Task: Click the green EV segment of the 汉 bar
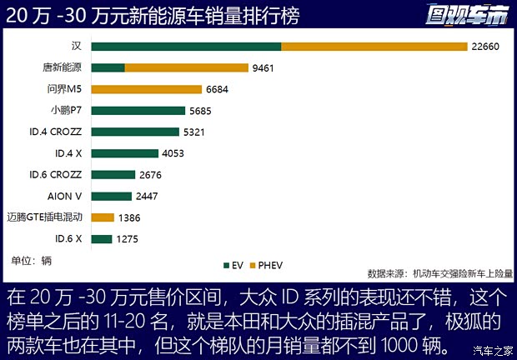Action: pos(186,47)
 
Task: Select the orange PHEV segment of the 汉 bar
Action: pos(374,47)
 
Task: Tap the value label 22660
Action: pos(485,47)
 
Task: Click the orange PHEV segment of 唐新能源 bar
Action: pos(186,67)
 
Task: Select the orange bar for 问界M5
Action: pos(146,89)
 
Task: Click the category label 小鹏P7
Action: pos(67,110)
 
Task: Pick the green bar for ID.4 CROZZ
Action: pos(135,132)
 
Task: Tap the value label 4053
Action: pos(174,153)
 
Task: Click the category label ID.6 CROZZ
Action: pos(55,174)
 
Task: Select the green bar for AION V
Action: pos(112,196)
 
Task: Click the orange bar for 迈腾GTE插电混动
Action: pos(103,217)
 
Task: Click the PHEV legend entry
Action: pos(267,265)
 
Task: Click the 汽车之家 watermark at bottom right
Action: pos(492,348)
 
